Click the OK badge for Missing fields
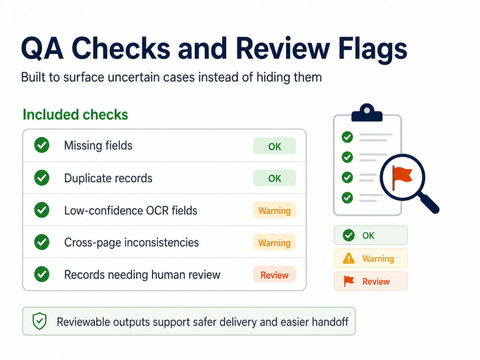coord(274,146)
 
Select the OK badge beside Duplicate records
coord(274,178)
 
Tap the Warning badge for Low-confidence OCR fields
coord(274,210)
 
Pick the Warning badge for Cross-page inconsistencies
coord(274,242)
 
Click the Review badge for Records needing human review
coord(274,274)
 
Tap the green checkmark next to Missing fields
coord(42,145)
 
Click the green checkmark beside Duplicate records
coord(42,178)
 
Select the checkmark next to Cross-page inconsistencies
coord(42,242)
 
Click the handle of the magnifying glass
coord(430,204)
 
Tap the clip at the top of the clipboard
coord(367,113)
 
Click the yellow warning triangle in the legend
coord(348,258)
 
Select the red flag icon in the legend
coord(348,281)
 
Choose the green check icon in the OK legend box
coord(348,235)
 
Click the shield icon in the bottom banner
coord(39,321)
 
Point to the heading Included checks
coord(75,115)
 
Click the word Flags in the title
coord(372,49)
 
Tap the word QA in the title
coord(42,49)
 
